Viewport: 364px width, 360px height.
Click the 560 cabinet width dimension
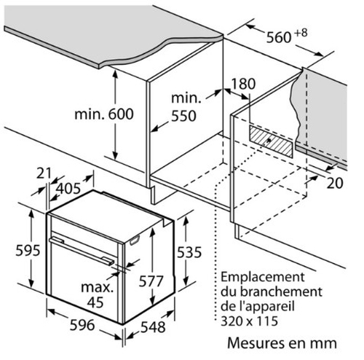(279, 38)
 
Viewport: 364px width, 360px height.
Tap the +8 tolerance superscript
(301, 33)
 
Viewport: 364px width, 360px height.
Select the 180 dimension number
(243, 84)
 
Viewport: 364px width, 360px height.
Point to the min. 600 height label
(104, 114)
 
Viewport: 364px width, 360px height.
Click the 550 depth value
(183, 116)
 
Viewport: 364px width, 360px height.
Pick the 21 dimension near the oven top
(44, 173)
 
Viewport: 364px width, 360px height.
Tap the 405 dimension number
(68, 189)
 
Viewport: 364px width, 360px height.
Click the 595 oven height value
(28, 250)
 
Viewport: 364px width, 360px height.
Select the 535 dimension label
(189, 252)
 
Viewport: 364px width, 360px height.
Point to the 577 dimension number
(151, 281)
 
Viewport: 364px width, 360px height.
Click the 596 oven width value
(82, 325)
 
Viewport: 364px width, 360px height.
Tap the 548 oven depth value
(153, 327)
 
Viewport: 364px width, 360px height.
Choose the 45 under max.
(95, 302)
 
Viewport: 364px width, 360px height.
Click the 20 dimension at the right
(335, 183)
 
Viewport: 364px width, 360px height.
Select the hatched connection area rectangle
(271, 141)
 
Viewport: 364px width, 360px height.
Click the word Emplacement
(262, 278)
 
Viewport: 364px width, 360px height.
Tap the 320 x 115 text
(249, 321)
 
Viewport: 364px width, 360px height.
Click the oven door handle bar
(82, 251)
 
